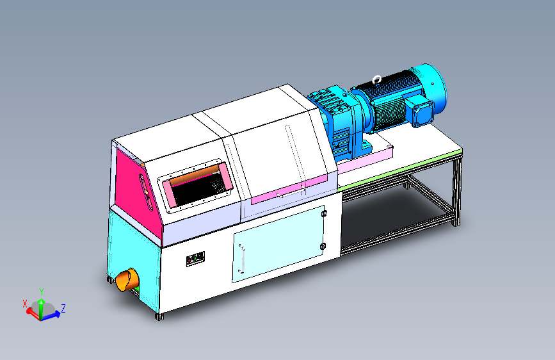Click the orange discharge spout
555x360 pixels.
click(x=127, y=279)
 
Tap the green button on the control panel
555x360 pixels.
click(x=195, y=259)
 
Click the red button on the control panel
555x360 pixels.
click(x=189, y=261)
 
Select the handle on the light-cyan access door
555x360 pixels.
click(x=242, y=259)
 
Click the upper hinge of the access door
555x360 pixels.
click(x=323, y=214)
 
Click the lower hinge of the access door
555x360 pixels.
click(x=323, y=247)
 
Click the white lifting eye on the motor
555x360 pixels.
click(x=377, y=79)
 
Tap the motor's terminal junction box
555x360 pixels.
click(x=419, y=111)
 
